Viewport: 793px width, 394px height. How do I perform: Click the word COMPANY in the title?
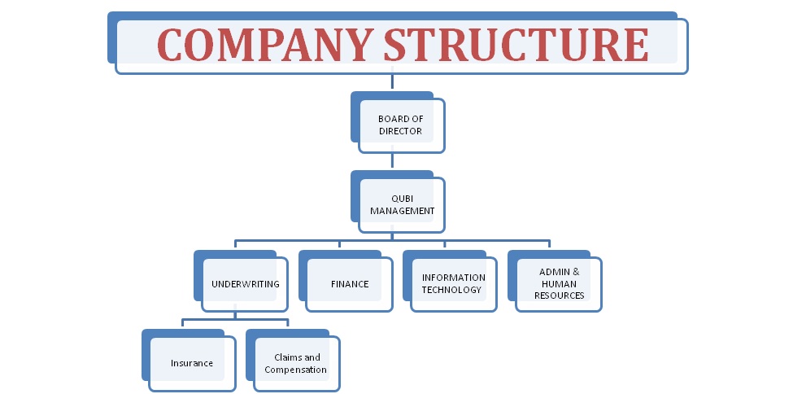pos(265,45)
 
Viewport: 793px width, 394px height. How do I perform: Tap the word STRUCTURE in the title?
pos(516,45)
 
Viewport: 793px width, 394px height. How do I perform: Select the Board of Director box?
pos(398,123)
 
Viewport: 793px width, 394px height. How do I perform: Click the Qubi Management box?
pos(398,202)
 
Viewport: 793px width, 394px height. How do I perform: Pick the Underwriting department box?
pos(242,281)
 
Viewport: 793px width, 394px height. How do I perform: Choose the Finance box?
pos(346,281)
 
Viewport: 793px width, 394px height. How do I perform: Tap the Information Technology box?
pos(450,281)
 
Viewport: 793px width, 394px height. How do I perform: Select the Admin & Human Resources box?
pos(555,281)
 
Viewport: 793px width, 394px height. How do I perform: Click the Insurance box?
pos(190,360)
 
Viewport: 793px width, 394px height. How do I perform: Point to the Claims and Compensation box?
pos(294,360)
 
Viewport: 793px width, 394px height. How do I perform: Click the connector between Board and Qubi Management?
pos(393,161)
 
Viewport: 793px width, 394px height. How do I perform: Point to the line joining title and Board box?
pos(393,82)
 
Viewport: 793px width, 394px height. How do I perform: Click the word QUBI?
pos(402,199)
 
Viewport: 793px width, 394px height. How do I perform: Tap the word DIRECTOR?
pos(400,131)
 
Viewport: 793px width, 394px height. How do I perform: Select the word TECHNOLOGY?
pos(451,290)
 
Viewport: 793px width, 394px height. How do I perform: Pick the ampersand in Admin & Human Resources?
pos(576,272)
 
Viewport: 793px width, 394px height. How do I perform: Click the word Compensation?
pos(295,370)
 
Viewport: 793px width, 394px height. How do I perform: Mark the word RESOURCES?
pos(560,295)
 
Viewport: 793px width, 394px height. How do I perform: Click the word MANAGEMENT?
pos(403,211)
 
